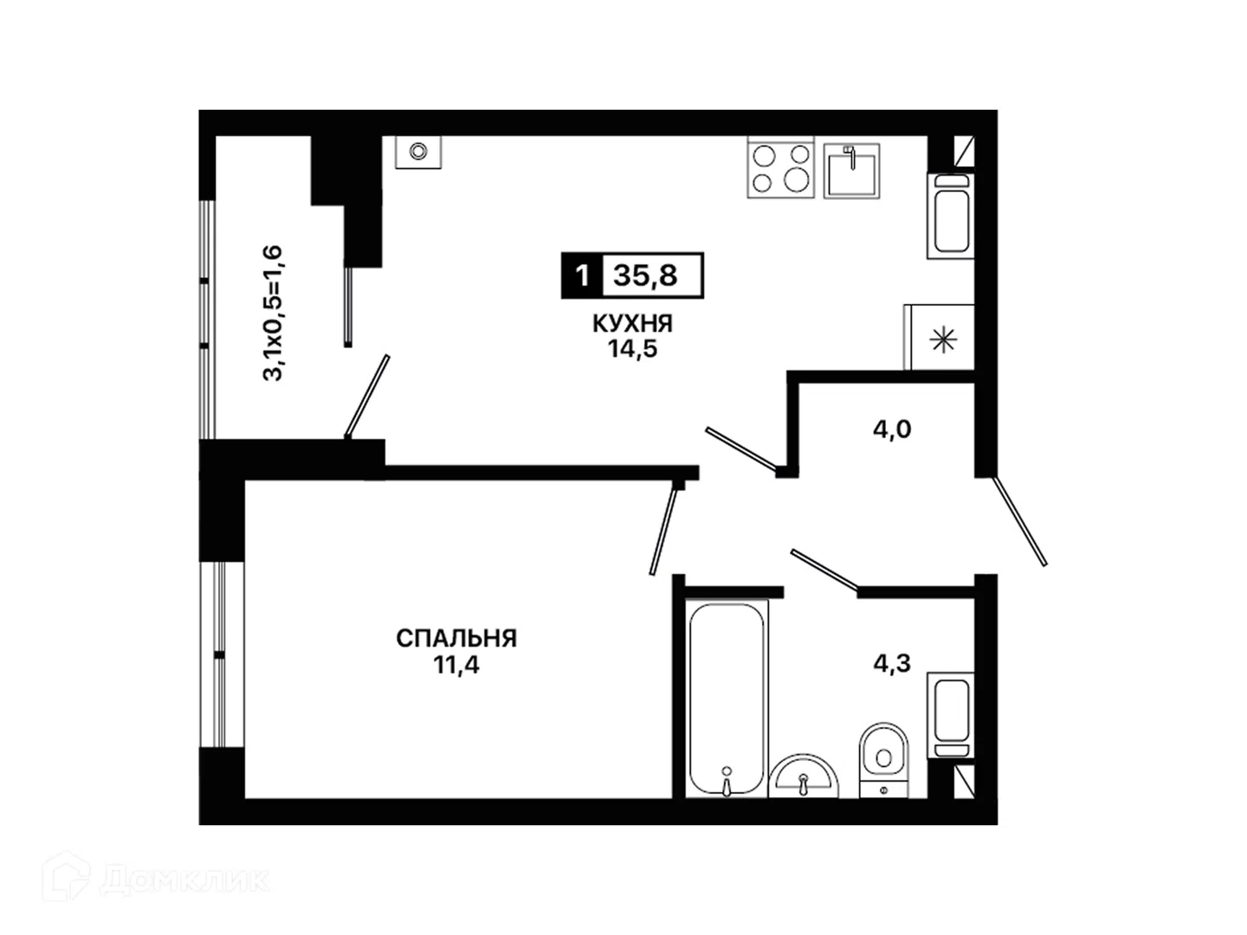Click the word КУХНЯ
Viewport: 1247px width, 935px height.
pyautogui.click(x=632, y=324)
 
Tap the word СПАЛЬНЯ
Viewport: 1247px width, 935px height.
pyautogui.click(x=456, y=639)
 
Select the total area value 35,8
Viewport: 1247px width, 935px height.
pyautogui.click(x=646, y=276)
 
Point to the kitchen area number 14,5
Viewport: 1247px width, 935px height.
pyautogui.click(x=632, y=349)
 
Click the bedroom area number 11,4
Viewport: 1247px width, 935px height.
pyautogui.click(x=456, y=665)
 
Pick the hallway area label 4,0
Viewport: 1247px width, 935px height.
pyautogui.click(x=891, y=429)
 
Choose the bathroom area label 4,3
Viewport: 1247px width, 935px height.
pyautogui.click(x=891, y=663)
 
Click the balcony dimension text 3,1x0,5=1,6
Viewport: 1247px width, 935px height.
pyautogui.click(x=272, y=313)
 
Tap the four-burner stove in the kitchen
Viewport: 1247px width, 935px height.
pyautogui.click(x=780, y=167)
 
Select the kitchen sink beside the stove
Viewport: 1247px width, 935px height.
pyautogui.click(x=851, y=171)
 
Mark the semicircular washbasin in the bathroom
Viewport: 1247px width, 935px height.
pyautogui.click(x=804, y=777)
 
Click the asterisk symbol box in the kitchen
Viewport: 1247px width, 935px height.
pyautogui.click(x=939, y=338)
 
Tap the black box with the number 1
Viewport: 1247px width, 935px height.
pyautogui.click(x=582, y=276)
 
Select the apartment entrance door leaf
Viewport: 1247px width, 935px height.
pyautogui.click(x=1019, y=521)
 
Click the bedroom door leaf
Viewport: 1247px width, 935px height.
pyautogui.click(x=663, y=532)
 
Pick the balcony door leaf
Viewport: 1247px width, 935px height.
pyautogui.click(x=367, y=397)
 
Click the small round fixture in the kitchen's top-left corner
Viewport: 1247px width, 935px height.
pyautogui.click(x=418, y=152)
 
